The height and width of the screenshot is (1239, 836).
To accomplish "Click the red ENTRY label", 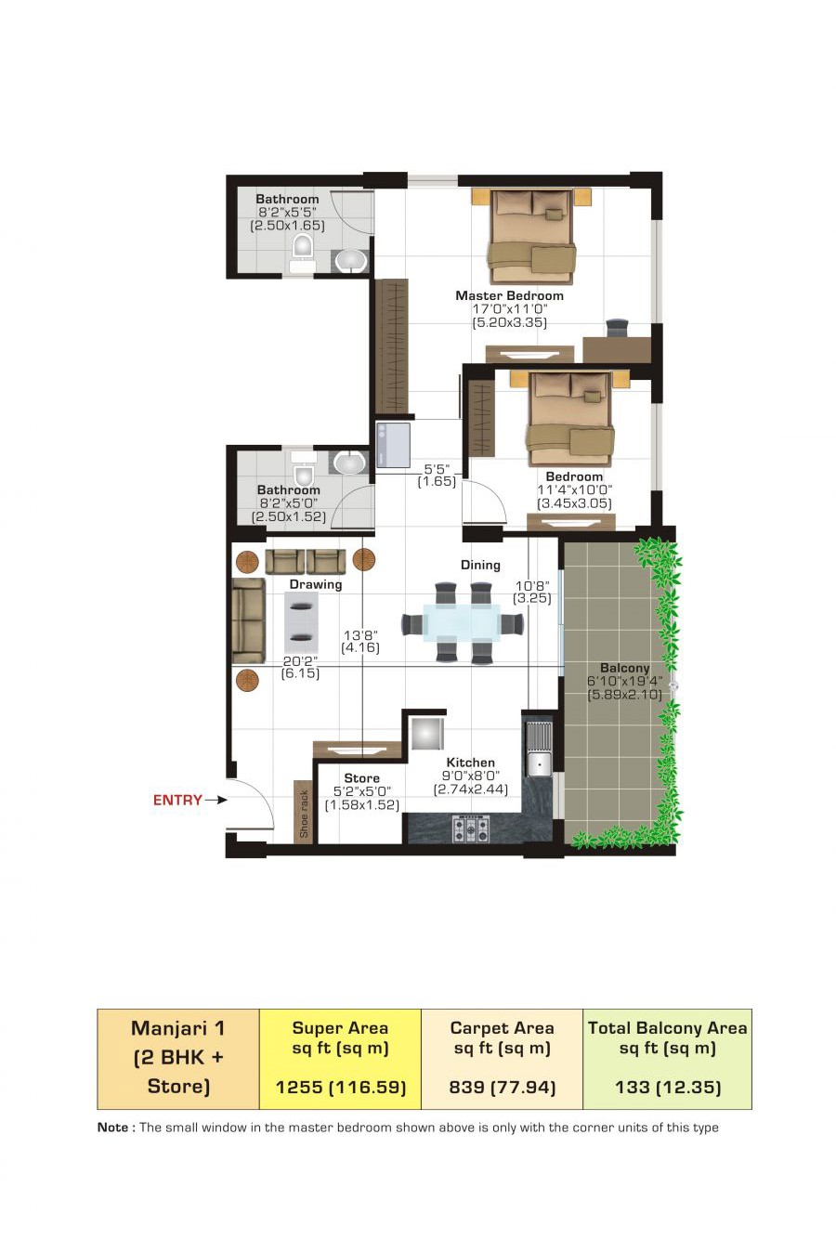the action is pos(177,800).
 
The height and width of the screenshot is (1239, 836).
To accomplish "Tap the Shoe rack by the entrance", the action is pos(303,812).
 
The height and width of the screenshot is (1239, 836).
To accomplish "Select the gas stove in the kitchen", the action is pos(471,829).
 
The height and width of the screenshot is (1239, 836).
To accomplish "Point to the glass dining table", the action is pos(462,621).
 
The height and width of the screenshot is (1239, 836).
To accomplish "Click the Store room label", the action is pos(362,777).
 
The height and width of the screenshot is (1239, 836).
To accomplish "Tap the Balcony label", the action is pos(624,668).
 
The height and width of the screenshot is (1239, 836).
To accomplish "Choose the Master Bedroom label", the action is pos(509,295).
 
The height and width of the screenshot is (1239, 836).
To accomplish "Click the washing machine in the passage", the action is pos(393,445).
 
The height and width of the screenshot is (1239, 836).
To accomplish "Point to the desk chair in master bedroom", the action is pos(617,327).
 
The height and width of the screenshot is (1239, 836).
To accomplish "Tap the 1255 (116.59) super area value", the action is pos(341,1087).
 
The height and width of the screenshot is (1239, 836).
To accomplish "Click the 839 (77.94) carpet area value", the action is pos(503,1087).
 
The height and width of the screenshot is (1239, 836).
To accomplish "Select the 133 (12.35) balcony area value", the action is pos(668,1087).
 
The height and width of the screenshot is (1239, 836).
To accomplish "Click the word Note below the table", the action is pos(113,1128).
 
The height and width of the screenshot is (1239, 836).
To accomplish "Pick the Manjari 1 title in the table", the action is pos(177,1028).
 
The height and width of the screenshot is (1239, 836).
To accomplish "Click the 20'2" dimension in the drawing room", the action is pos(300,661).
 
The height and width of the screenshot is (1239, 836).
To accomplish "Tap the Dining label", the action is pos(480,565).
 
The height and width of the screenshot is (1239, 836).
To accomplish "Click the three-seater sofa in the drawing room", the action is pos(248,620).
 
